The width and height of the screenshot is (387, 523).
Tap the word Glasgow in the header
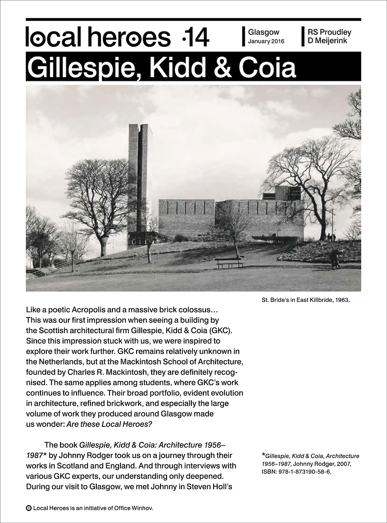click(263, 32)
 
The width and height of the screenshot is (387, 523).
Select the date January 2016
click(266, 41)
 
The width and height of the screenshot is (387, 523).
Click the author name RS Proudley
click(329, 32)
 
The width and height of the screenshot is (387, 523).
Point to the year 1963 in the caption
click(342, 300)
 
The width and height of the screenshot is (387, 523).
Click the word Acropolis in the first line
click(90, 310)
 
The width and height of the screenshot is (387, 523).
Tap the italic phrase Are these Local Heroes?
click(109, 424)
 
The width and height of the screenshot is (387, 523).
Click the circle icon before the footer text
click(29, 508)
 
